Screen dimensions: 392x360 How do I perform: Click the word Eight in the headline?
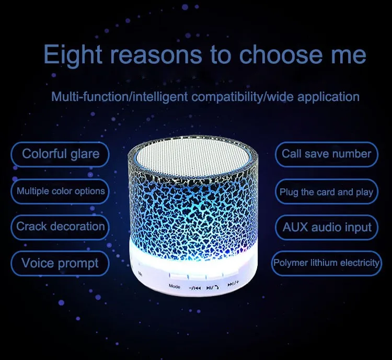coord(73,55)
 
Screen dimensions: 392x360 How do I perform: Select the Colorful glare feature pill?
coord(60,154)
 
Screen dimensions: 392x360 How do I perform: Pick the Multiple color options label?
coord(61,191)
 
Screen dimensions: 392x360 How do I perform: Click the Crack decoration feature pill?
coord(60,227)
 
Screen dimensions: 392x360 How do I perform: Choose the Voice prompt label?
coord(60,263)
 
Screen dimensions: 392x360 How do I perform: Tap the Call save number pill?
coord(327,154)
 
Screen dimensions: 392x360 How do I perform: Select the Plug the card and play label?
coord(326,192)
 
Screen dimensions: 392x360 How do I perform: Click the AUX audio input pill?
coord(327,227)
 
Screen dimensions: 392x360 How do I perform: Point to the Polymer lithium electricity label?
coord(326,263)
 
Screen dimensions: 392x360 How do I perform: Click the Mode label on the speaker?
coord(174,286)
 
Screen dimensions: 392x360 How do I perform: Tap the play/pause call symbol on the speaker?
coord(213,288)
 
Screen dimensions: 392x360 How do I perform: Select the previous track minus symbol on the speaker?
coord(195,288)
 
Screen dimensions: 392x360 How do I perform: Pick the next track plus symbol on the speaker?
coord(233,284)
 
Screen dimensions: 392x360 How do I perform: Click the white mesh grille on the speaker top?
coord(193,156)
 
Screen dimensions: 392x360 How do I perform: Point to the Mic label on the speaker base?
coord(140,274)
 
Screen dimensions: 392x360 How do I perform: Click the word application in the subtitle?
coord(328,97)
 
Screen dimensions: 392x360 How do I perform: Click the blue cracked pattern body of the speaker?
coord(192,213)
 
